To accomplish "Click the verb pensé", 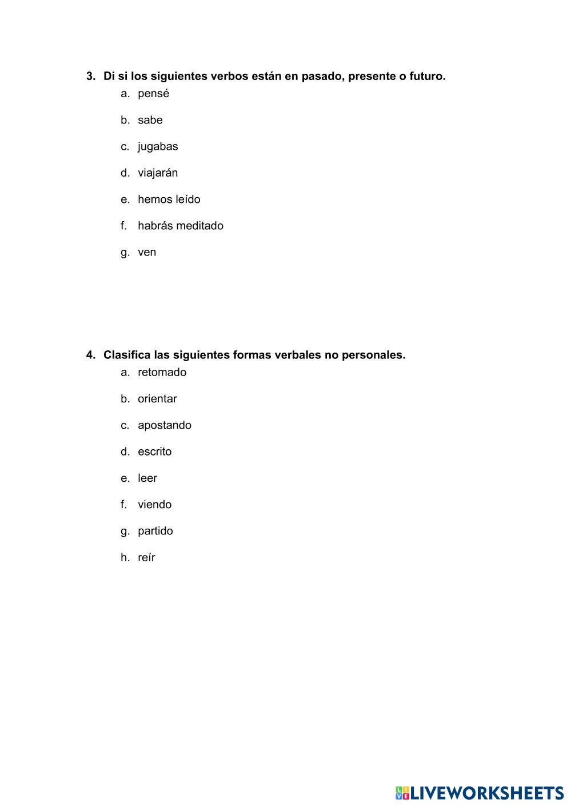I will [153, 94].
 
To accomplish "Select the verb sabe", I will [150, 120].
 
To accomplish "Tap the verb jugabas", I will [158, 146].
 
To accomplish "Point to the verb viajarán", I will [158, 173].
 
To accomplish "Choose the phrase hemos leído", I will [169, 199].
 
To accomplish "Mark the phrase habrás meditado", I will [180, 226].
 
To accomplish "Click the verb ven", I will [147, 252].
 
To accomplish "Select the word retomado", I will [162, 373].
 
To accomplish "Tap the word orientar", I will [157, 399].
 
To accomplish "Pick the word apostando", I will [165, 425].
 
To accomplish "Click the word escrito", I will [154, 452].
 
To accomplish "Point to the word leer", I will [147, 478].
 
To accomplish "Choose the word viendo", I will [154, 505].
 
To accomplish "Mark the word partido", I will [155, 531].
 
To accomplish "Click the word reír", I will [146, 557].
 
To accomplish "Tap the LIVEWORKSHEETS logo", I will [479, 793].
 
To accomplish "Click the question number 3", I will [90, 76].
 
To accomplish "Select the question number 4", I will [90, 355].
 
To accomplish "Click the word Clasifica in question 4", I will [127, 355].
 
